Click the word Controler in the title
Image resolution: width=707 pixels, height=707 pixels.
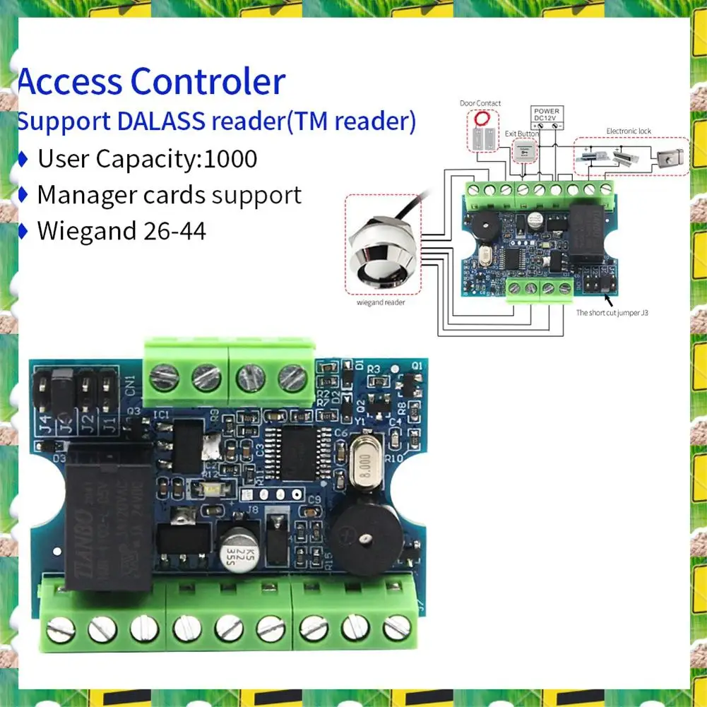click(208, 82)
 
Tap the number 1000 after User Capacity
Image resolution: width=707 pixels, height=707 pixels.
click(230, 158)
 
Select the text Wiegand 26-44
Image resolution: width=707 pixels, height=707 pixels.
click(121, 230)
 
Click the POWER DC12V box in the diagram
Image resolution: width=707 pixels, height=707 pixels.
click(546, 116)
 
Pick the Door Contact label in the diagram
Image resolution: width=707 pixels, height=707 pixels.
click(480, 103)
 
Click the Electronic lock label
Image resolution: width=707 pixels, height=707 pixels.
click(629, 131)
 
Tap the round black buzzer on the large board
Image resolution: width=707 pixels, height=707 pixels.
click(365, 540)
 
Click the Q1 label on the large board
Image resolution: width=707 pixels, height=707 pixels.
click(417, 366)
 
